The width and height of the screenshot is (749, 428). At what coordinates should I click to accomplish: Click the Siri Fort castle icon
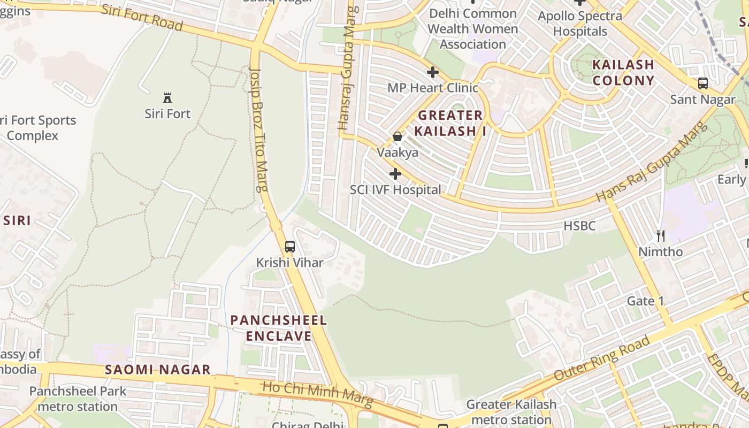click(x=167, y=97)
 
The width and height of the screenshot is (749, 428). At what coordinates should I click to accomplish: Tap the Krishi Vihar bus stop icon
click(x=289, y=247)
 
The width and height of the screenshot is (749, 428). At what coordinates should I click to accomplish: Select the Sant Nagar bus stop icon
click(x=703, y=83)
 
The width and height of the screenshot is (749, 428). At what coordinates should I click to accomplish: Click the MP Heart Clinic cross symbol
click(x=433, y=72)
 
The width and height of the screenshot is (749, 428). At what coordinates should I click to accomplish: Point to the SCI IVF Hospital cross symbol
click(x=395, y=174)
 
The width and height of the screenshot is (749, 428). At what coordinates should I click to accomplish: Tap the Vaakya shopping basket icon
click(x=398, y=136)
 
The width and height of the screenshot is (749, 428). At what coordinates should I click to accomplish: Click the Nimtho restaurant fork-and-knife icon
click(x=661, y=235)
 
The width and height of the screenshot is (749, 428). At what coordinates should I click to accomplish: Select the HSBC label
click(x=579, y=226)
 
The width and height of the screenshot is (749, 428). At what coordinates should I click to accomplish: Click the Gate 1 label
click(x=645, y=301)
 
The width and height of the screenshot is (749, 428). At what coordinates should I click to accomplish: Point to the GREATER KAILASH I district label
click(x=450, y=123)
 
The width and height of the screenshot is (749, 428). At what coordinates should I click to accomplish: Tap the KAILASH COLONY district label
click(x=623, y=73)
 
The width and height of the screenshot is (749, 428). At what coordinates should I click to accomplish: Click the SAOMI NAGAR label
click(x=157, y=370)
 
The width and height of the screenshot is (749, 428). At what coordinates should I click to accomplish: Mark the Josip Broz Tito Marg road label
click(x=259, y=128)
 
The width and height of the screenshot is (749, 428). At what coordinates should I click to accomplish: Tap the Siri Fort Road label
click(x=142, y=17)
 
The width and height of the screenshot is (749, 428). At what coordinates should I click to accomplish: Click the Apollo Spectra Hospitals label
click(x=580, y=24)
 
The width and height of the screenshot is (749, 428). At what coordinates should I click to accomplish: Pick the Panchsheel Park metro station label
click(x=78, y=399)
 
